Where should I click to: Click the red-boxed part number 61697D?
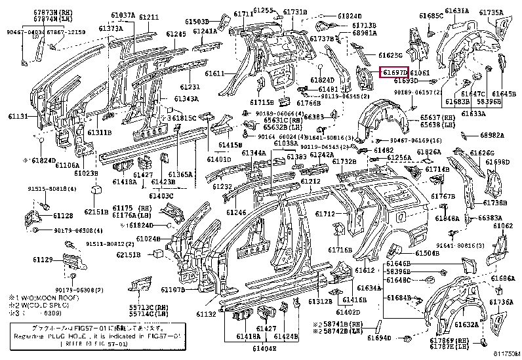394,71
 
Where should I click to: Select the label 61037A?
123,15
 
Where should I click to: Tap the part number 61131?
18,116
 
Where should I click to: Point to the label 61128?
63,216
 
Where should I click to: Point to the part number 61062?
502,226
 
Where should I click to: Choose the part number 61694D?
379,338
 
